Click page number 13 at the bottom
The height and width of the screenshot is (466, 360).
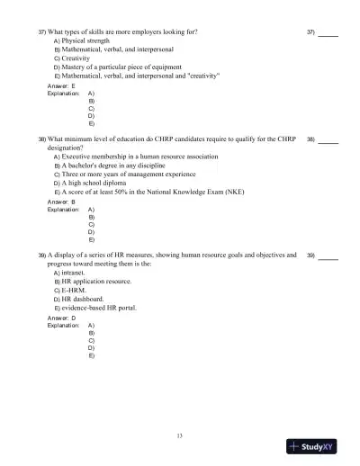(180, 436)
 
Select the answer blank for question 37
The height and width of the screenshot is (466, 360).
(328, 33)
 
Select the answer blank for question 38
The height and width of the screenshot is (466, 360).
(328, 141)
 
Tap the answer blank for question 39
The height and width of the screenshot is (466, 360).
(328, 258)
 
